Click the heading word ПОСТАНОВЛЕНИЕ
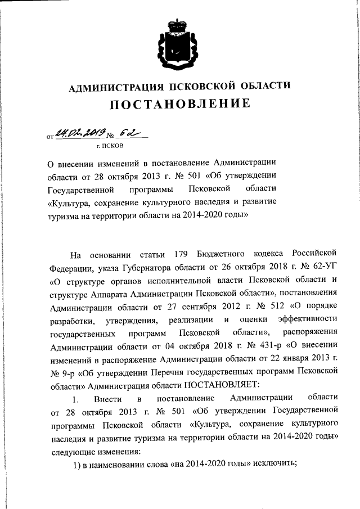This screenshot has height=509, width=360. [x=179, y=105]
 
